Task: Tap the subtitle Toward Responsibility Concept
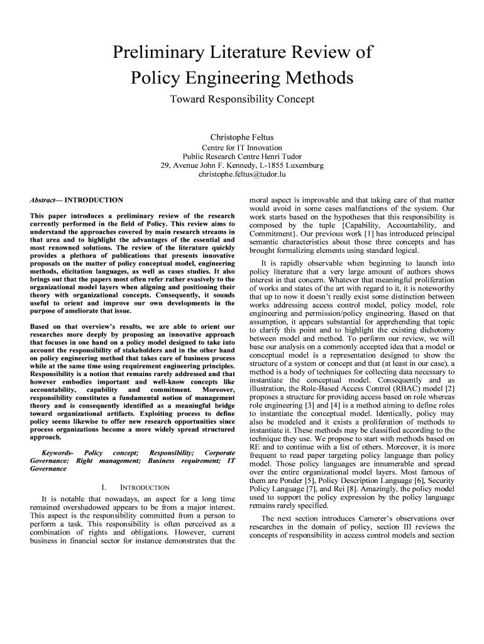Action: point(242,99)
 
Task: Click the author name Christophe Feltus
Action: point(242,137)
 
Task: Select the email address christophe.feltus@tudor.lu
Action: point(242,174)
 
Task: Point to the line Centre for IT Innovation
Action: point(242,147)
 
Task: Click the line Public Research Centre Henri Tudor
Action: point(242,156)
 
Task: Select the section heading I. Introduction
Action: point(135,487)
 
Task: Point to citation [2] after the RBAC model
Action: point(450,389)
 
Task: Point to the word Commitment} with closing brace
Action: point(274,234)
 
